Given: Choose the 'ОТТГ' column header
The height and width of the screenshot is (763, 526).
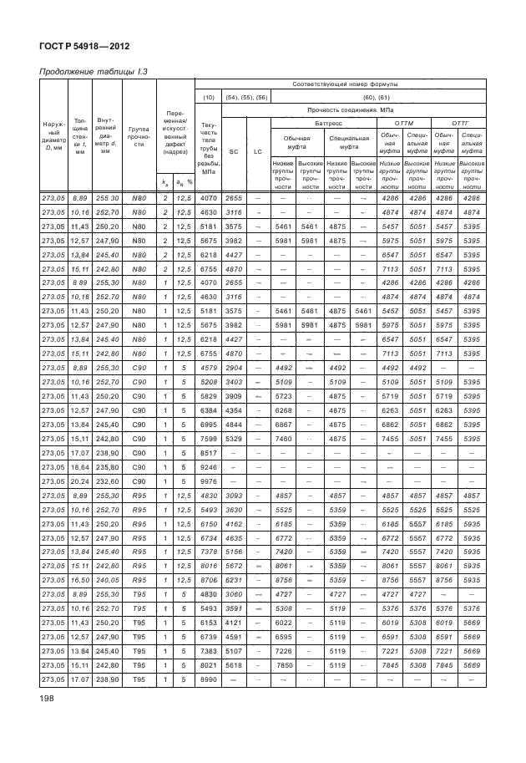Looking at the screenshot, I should (457, 122).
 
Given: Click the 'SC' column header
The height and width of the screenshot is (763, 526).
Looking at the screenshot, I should (233, 151).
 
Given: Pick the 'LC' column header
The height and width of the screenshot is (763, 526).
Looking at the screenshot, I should (258, 151).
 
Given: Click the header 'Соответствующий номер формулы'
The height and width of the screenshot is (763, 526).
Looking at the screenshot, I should (343, 84).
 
